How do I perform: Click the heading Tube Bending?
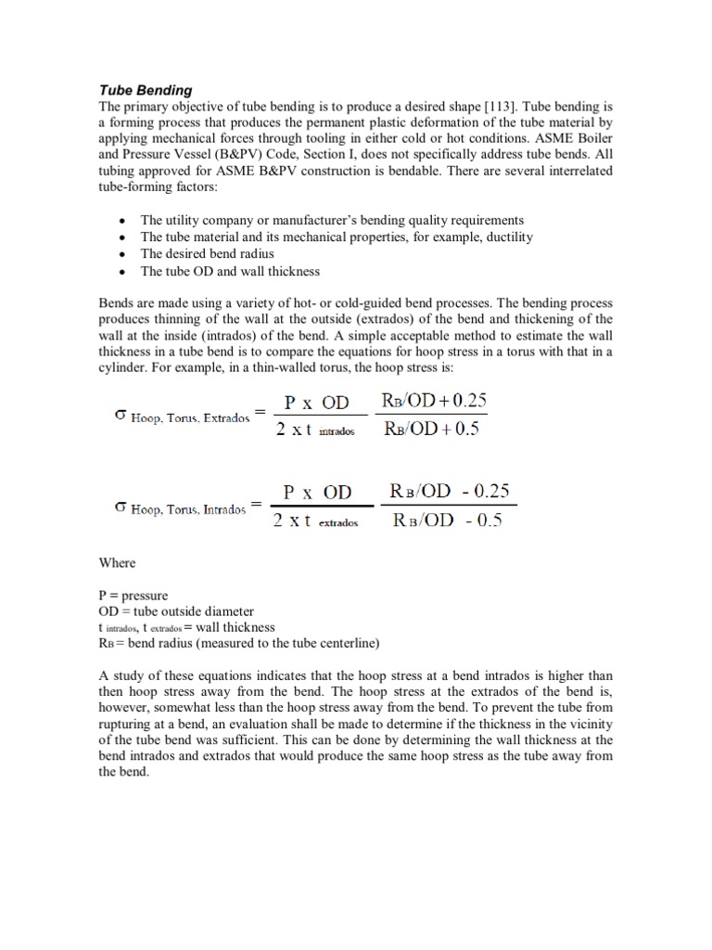click(146, 90)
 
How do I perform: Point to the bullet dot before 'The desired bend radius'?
click(122, 254)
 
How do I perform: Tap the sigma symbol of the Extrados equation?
click(119, 416)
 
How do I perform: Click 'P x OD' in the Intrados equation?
click(317, 494)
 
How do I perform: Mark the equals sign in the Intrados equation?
click(256, 507)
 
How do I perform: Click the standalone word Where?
click(117, 562)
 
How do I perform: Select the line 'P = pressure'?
click(133, 596)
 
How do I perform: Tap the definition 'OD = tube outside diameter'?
click(175, 611)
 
